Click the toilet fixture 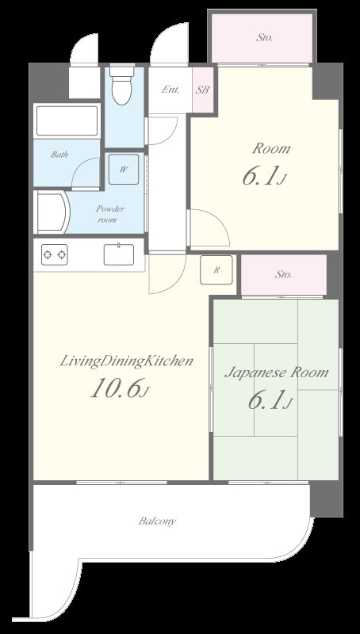(x=122, y=85)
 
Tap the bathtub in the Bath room (x=67, y=121)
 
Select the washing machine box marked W (x=124, y=170)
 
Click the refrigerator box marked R (x=216, y=269)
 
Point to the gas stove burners (x=54, y=254)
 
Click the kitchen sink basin (x=119, y=254)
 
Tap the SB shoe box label (x=202, y=90)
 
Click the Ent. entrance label (x=170, y=90)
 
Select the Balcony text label (x=157, y=521)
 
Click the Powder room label (x=110, y=214)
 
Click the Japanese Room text (x=276, y=372)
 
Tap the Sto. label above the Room (x=265, y=38)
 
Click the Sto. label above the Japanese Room (x=284, y=274)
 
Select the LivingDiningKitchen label (x=126, y=361)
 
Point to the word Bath (x=59, y=154)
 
